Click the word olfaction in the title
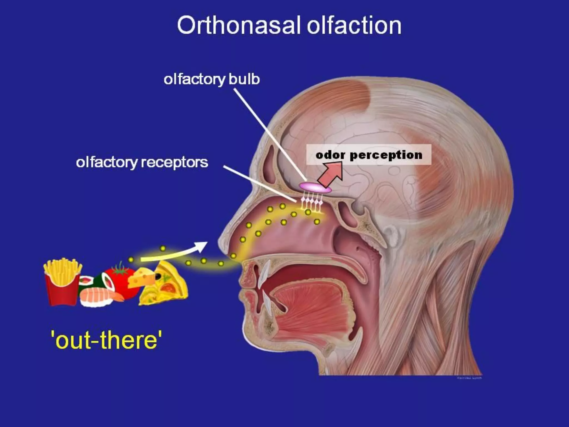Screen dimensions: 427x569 354,26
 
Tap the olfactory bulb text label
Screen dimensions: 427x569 212,80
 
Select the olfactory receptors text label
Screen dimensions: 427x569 142,162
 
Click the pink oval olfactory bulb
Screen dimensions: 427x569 315,187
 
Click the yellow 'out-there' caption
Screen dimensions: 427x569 106,340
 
